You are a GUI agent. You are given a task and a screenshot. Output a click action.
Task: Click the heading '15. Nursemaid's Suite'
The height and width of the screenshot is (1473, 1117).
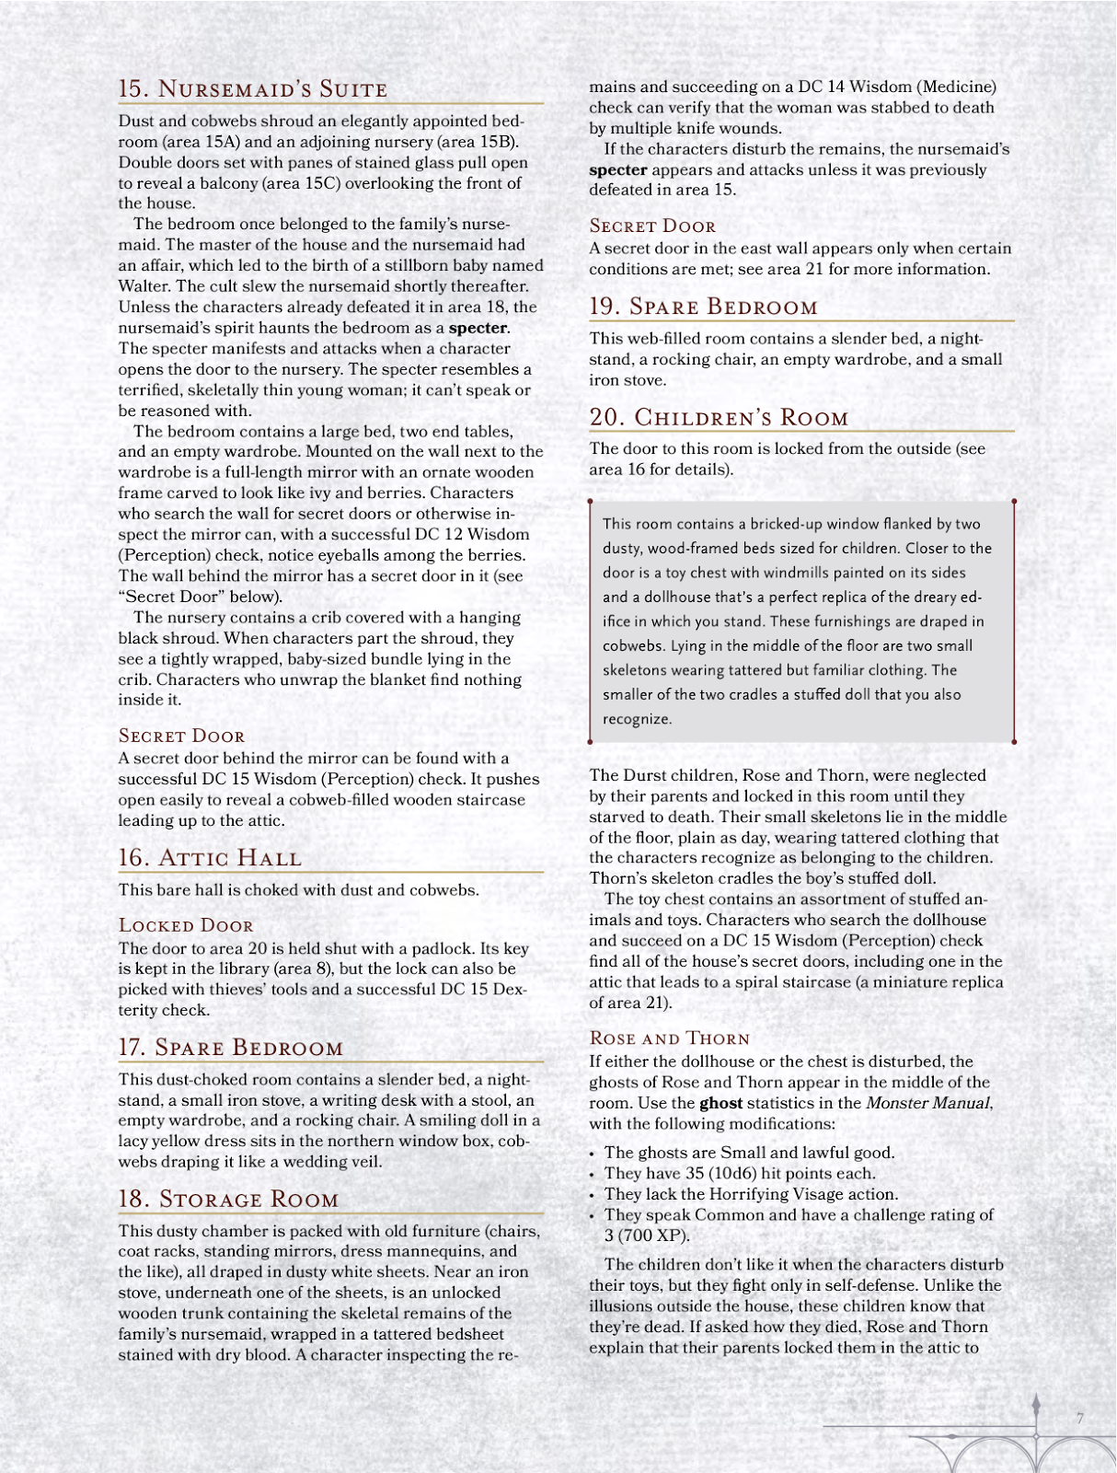253,89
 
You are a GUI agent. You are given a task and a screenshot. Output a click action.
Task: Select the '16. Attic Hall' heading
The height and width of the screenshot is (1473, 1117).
210,858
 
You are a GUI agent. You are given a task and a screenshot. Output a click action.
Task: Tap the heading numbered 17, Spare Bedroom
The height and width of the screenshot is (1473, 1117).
231,1048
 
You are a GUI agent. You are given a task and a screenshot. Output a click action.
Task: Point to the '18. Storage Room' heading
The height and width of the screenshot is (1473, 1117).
228,1199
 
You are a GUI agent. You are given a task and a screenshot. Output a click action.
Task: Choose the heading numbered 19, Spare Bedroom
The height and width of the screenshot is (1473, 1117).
703,307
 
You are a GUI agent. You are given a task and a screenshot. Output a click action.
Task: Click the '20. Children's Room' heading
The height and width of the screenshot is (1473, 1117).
719,417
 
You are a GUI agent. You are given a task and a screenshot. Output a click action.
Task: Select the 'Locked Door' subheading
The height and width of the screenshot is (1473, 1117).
186,925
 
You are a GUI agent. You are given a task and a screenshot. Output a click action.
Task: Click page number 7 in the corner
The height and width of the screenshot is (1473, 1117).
1080,1418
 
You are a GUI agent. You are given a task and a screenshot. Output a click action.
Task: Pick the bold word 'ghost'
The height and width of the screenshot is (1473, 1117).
720,1103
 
